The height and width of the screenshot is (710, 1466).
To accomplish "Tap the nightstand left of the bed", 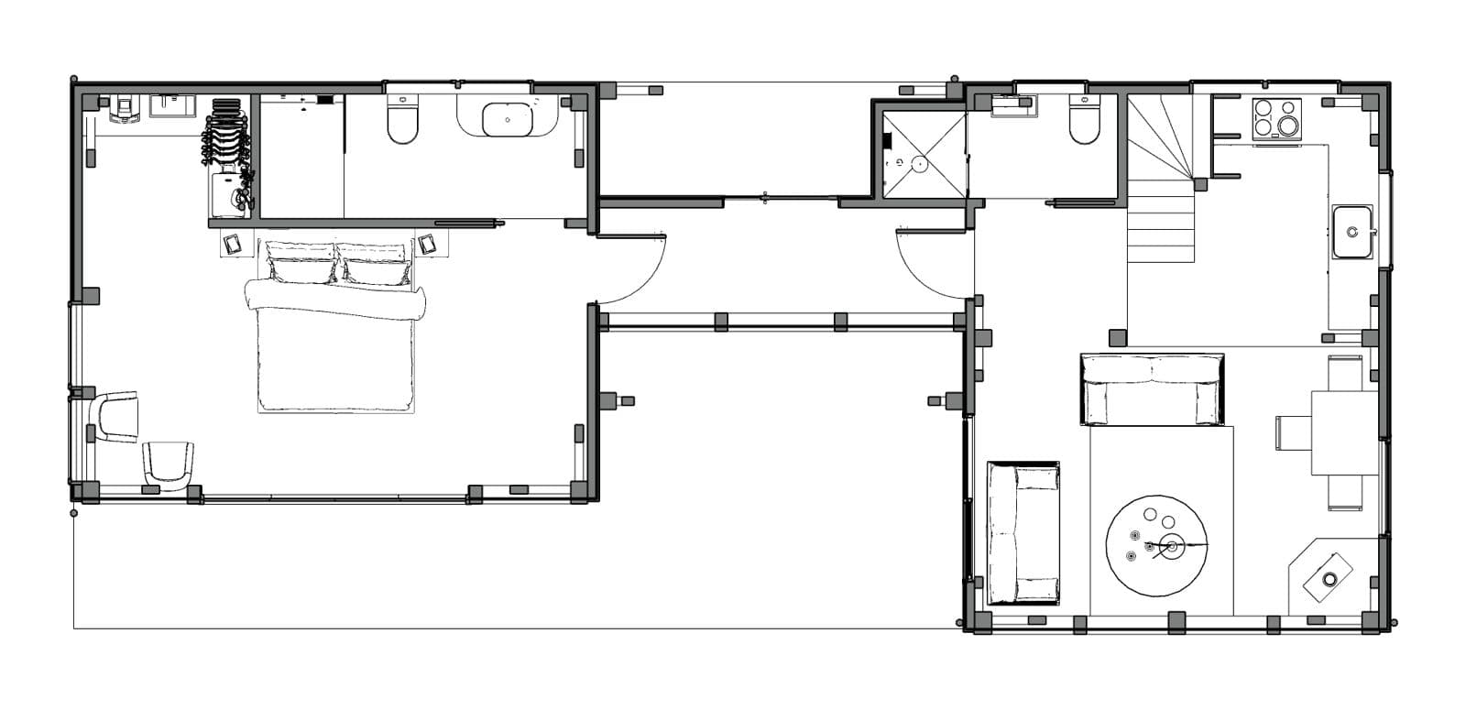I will coord(232,245).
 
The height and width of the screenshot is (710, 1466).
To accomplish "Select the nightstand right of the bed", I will coord(428,245).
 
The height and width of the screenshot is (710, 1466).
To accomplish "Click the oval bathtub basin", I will coord(507,119).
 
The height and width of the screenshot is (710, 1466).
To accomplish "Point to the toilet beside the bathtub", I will coord(402,121).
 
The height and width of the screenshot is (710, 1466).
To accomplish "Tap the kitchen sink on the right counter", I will coord(1352,231).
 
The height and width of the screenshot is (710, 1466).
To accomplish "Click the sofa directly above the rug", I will coord(1153,389).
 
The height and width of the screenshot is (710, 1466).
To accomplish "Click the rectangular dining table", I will coord(1344,432).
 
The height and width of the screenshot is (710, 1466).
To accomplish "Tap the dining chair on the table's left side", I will coord(1293,432).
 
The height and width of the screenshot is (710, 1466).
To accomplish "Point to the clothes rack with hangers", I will coord(225,137).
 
